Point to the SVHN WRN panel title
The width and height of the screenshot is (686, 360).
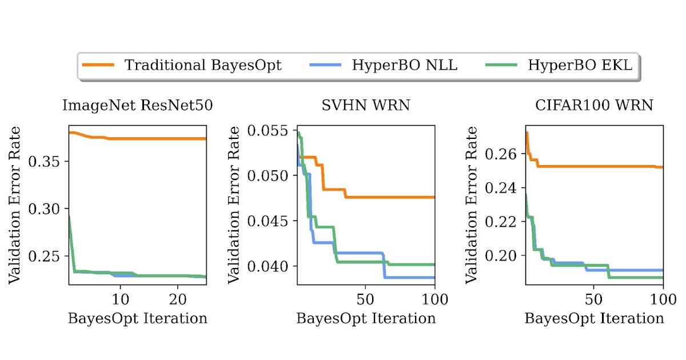(365, 106)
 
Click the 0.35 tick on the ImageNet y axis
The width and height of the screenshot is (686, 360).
(48, 161)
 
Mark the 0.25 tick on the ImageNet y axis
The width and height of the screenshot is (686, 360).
(48, 256)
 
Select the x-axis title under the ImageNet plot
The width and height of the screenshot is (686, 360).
(137, 318)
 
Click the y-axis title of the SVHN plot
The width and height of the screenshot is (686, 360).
(235, 205)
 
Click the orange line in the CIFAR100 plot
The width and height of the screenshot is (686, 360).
(600, 166)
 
